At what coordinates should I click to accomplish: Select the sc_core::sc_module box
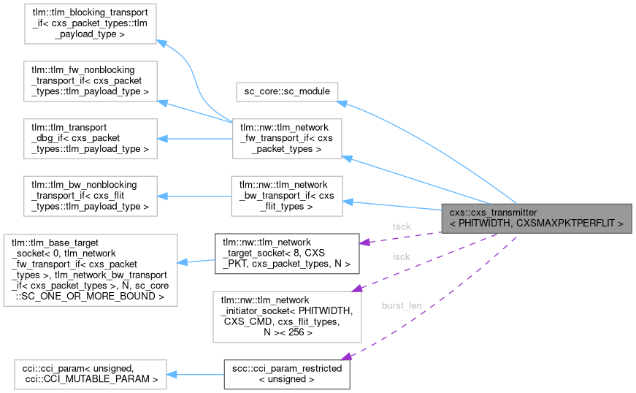(286, 92)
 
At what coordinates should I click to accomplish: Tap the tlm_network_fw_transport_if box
(286, 138)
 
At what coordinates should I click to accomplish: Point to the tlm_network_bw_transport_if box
(286, 195)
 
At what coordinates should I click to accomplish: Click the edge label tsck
(402, 226)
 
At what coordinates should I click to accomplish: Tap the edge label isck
(402, 257)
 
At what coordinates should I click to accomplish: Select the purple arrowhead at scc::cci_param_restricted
(345, 356)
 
